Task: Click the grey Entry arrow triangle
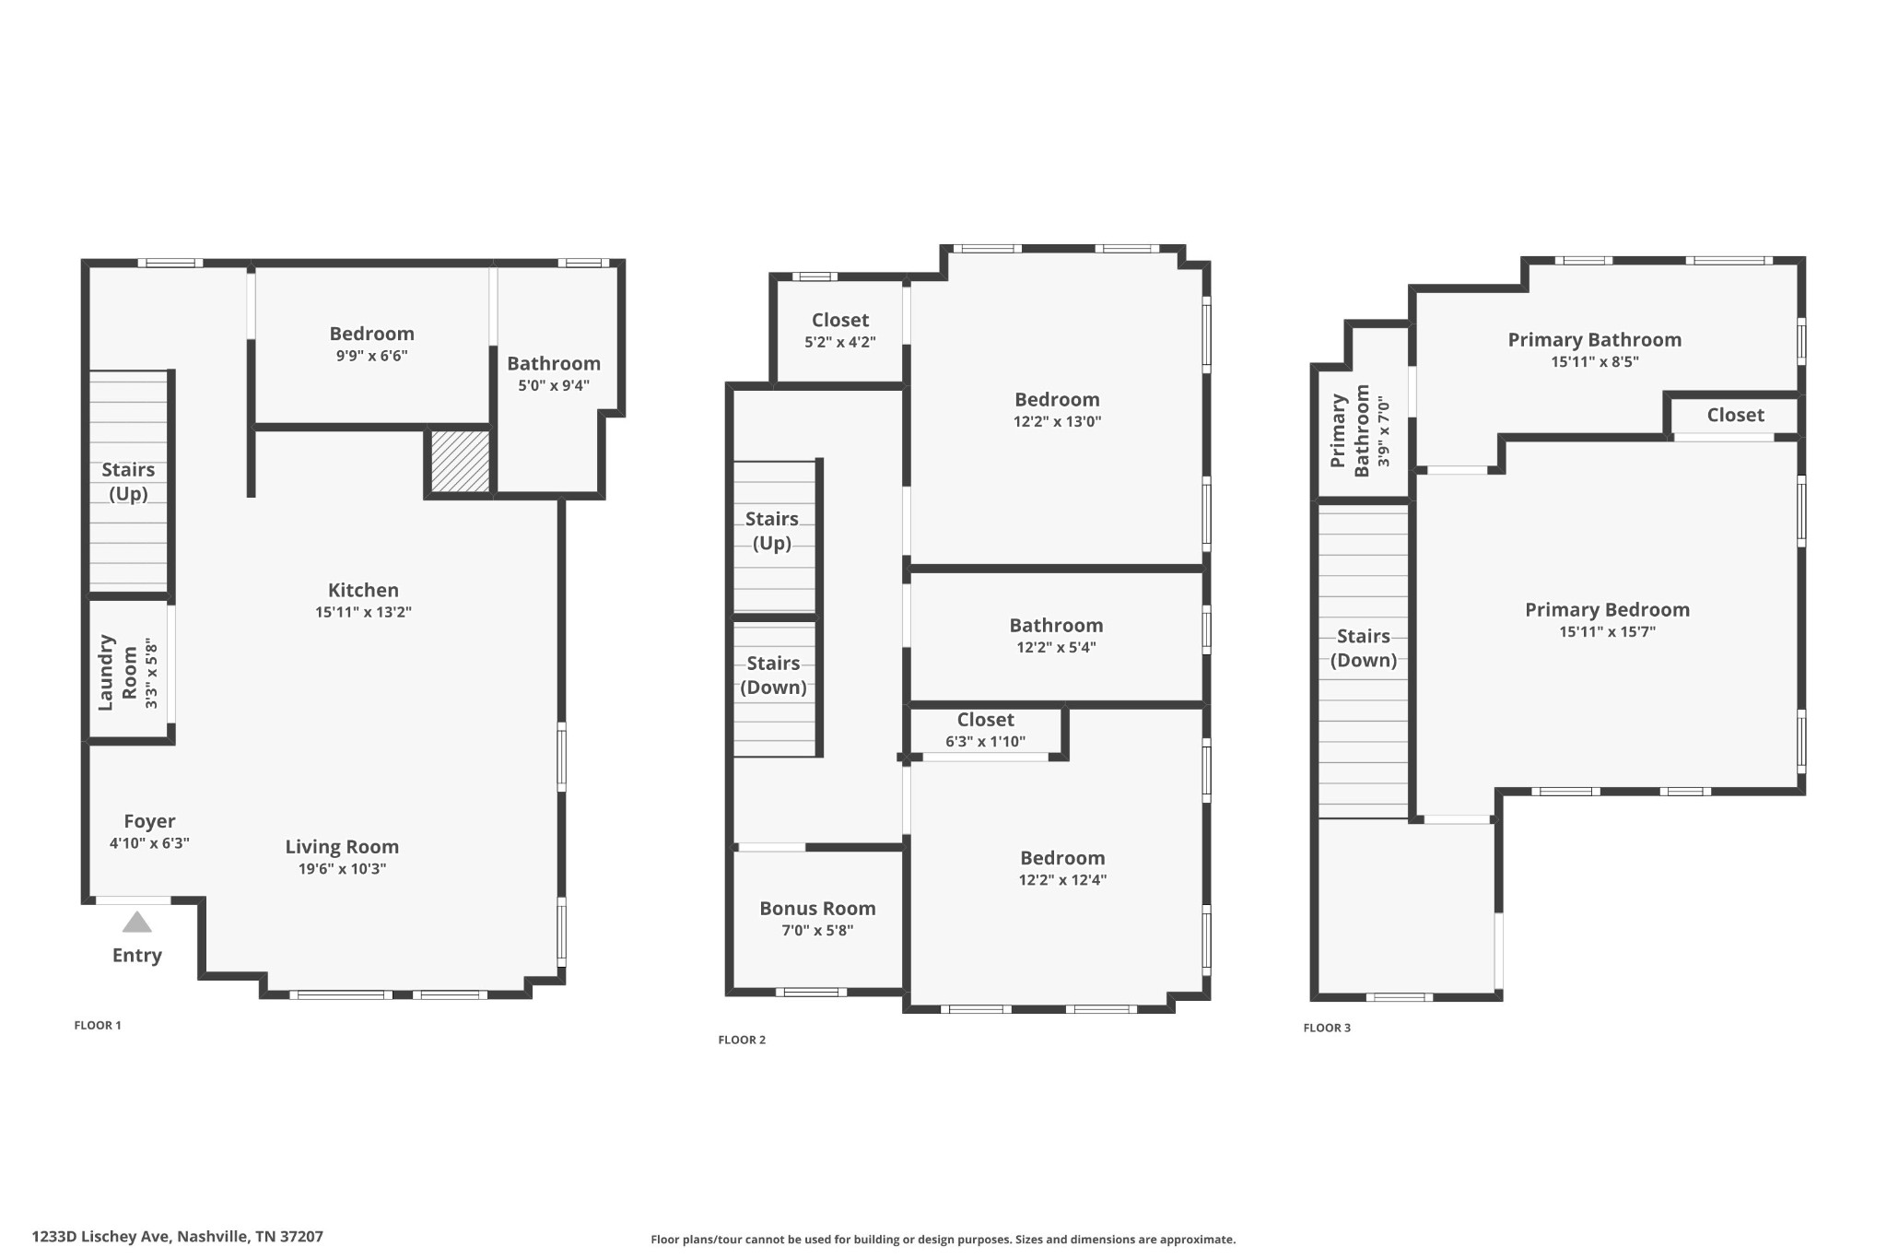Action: (x=136, y=922)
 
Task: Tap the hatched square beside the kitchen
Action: (x=460, y=461)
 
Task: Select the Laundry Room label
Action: (x=117, y=672)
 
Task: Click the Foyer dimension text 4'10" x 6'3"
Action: (x=149, y=842)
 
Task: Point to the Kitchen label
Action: (x=363, y=590)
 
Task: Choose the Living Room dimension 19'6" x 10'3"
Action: (x=342, y=868)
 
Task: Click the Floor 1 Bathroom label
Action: (x=553, y=363)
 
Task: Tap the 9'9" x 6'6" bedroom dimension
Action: (x=371, y=356)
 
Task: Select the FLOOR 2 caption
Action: (x=742, y=1040)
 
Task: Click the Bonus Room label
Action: (x=817, y=908)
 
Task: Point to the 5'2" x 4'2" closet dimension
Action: (x=839, y=342)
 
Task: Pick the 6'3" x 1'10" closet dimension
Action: (x=985, y=741)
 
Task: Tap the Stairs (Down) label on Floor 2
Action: (x=773, y=675)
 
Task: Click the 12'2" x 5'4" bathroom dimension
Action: (x=1056, y=647)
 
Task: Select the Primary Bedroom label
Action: (x=1607, y=609)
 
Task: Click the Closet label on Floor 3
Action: (x=1735, y=415)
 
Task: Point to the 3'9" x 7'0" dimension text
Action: (x=1383, y=431)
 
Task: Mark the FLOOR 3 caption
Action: (x=1327, y=1028)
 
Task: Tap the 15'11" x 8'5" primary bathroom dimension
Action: (x=1594, y=362)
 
